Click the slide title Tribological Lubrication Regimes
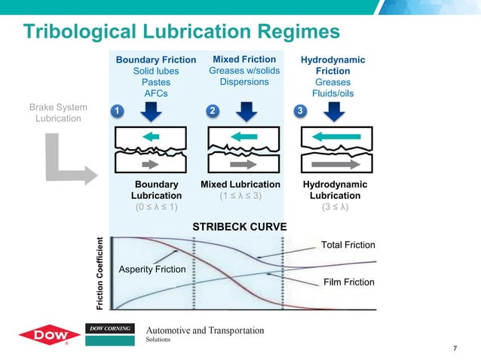click(182, 32)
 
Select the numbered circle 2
click(213, 111)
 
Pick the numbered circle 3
click(299, 111)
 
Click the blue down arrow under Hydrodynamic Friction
click(332, 111)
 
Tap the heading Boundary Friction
click(155, 59)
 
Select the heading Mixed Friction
click(244, 59)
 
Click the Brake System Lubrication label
click(62, 113)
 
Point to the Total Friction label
click(348, 245)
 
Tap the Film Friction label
click(348, 282)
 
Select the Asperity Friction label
click(152, 270)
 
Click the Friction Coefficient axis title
click(99, 273)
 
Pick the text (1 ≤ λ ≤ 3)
click(240, 196)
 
